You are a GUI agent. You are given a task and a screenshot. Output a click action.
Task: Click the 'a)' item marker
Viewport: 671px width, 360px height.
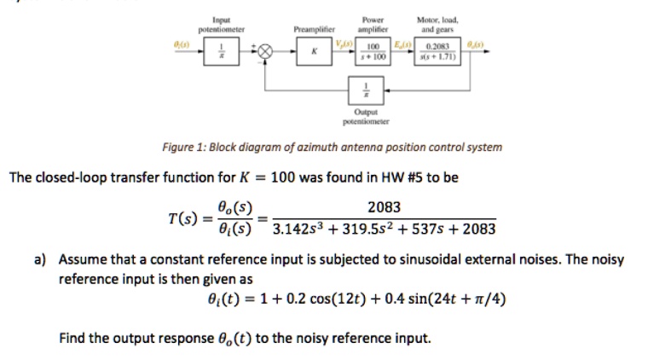pyautogui.click(x=41, y=259)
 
